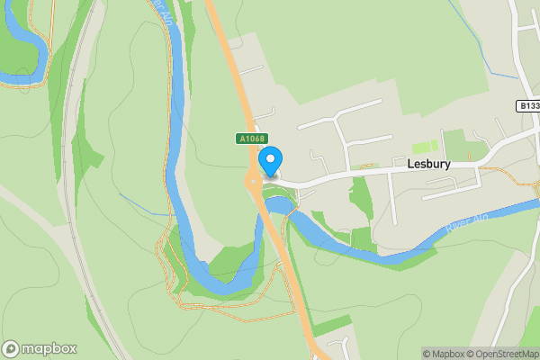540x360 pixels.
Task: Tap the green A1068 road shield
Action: pos(251,139)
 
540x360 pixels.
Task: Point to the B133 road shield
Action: pos(528,106)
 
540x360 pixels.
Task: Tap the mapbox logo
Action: pos(40,348)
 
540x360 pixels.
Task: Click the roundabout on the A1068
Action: pos(253,181)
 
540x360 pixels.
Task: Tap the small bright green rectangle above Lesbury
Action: pos(424,146)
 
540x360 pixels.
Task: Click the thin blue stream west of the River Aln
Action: pos(144,205)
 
